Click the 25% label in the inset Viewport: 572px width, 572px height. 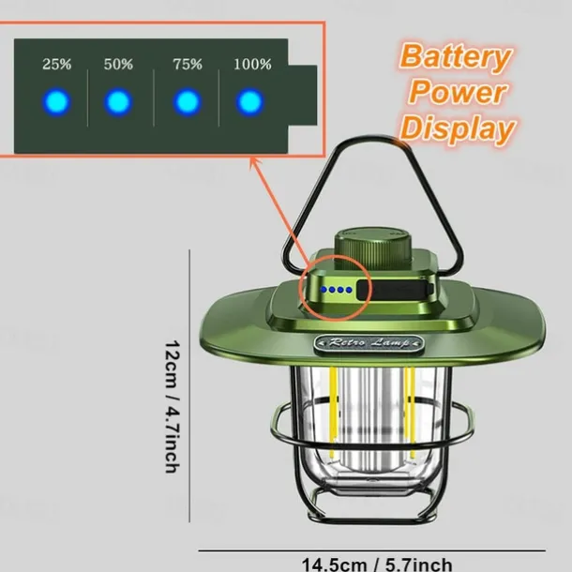57,65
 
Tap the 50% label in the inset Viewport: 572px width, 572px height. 118,65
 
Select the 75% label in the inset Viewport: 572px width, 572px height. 188,65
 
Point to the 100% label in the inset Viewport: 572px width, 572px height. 252,65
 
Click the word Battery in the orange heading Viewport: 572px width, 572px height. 456,57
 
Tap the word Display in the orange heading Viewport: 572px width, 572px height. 457,128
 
